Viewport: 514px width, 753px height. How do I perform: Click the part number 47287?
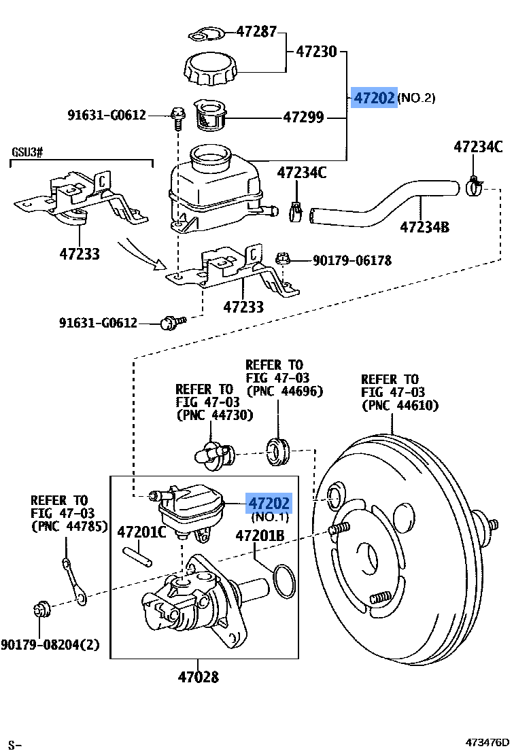coord(258,31)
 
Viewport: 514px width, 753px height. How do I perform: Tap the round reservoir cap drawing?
coord(211,69)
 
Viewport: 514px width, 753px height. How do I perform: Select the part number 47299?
coord(303,118)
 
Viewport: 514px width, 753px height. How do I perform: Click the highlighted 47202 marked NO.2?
coord(373,99)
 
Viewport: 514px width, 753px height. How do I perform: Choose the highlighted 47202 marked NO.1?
coord(269,504)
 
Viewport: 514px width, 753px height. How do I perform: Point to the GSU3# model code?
coord(27,151)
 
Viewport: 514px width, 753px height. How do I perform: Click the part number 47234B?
coord(424,227)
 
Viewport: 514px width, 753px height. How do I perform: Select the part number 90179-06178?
coord(353,260)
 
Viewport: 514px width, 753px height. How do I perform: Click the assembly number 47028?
coord(199,677)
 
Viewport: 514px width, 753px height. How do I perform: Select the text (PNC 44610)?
coord(400,406)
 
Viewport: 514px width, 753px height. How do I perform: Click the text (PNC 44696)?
coord(284,391)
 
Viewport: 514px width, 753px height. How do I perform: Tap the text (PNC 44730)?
coord(214,415)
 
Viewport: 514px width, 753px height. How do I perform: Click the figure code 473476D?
coord(487,742)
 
